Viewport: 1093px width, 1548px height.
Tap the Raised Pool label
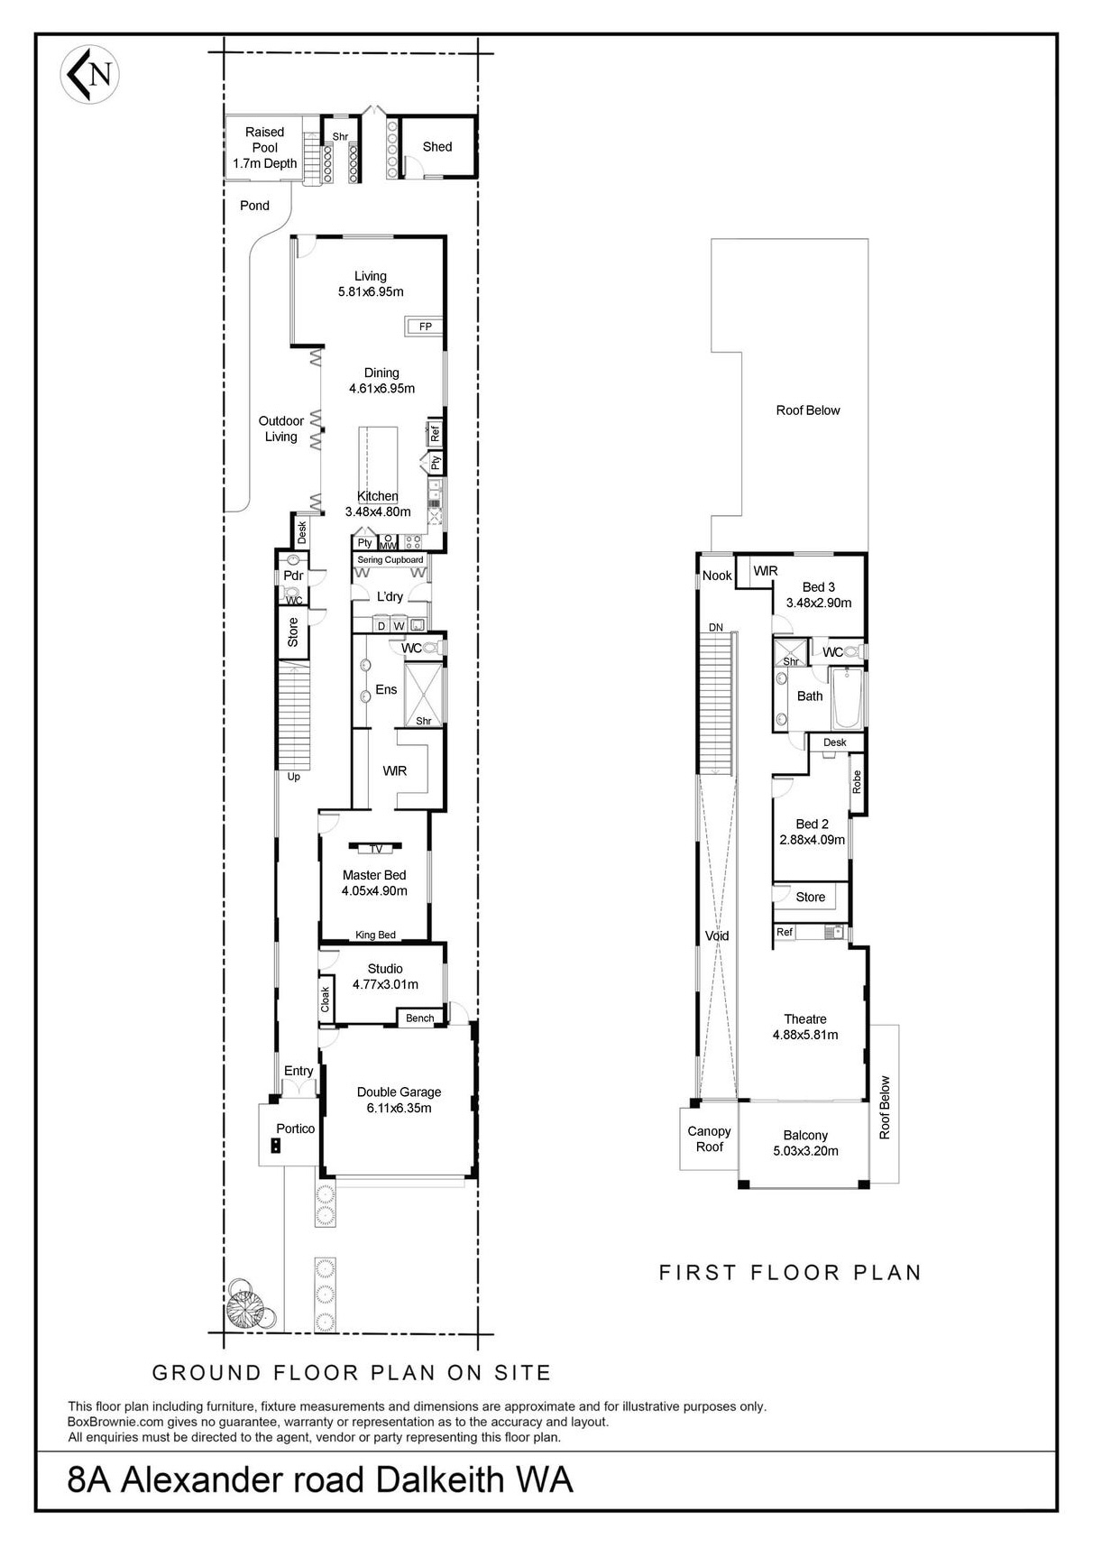pos(264,140)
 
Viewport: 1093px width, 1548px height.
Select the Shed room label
pos(437,146)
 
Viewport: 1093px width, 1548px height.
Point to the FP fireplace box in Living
pos(425,327)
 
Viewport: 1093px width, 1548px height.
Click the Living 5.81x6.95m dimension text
pos(371,292)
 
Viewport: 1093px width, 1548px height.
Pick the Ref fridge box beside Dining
pos(434,434)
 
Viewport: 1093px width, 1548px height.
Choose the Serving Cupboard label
pos(390,560)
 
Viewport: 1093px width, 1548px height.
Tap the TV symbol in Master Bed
pos(375,849)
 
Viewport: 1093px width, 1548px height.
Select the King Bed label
pos(375,935)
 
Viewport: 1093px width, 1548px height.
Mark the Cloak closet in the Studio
pos(326,1000)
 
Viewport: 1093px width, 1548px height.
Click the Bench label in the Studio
pos(419,1018)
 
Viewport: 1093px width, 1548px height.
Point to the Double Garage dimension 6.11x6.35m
pos(399,1108)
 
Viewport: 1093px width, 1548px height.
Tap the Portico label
pos(296,1129)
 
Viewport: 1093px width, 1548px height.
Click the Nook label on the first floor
pos(717,576)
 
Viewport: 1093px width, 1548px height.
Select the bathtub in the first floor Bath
pos(847,699)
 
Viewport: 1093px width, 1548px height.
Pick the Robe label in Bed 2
pos(857,781)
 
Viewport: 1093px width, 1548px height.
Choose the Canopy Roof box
pos(709,1139)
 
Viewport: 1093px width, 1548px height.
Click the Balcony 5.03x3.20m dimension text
pos(805,1151)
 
